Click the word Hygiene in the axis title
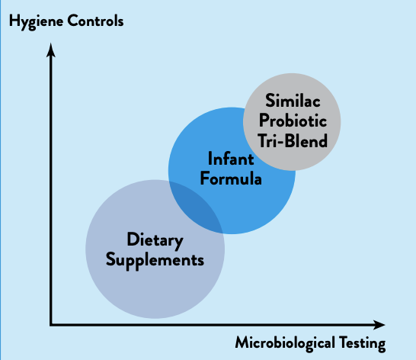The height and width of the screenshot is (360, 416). click(x=36, y=22)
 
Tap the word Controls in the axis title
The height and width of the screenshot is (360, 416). click(x=95, y=21)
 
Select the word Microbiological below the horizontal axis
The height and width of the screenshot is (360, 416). click(x=285, y=344)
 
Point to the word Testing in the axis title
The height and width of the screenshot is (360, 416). click(x=363, y=344)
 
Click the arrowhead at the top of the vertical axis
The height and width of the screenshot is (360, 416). click(x=51, y=50)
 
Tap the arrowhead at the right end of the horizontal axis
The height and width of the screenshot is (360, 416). click(x=379, y=325)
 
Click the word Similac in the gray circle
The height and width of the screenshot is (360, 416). click(x=293, y=101)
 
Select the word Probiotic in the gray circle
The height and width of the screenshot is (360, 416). click(x=293, y=121)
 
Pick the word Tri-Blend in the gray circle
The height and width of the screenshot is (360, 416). click(x=293, y=140)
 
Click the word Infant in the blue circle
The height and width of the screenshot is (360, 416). click(x=231, y=159)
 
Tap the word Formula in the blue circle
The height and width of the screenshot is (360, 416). click(x=231, y=178)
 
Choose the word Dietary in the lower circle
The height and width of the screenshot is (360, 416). click(x=155, y=240)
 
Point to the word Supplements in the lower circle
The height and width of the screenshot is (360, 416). click(x=155, y=260)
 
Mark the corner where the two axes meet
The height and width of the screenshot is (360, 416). click(x=51, y=325)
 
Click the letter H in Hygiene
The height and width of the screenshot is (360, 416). click(x=14, y=21)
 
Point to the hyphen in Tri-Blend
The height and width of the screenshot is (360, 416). click(x=280, y=142)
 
